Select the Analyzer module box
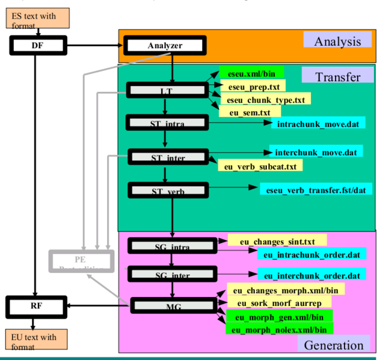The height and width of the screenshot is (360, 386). (165, 45)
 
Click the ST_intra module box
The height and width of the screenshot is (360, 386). (167, 123)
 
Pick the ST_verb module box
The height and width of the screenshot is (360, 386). (167, 191)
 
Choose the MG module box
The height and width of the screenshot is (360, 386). (173, 306)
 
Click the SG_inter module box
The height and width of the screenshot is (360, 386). (173, 275)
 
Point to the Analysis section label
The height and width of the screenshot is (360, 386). (337, 41)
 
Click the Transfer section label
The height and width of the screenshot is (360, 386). (337, 76)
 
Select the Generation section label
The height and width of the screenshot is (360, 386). (334, 345)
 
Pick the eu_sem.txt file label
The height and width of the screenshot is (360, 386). (250, 111)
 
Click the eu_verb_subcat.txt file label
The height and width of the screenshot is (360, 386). (260, 165)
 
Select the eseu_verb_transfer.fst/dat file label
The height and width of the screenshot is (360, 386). (316, 190)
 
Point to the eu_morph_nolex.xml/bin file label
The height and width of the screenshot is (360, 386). (279, 329)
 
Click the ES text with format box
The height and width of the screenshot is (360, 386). (34, 19)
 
